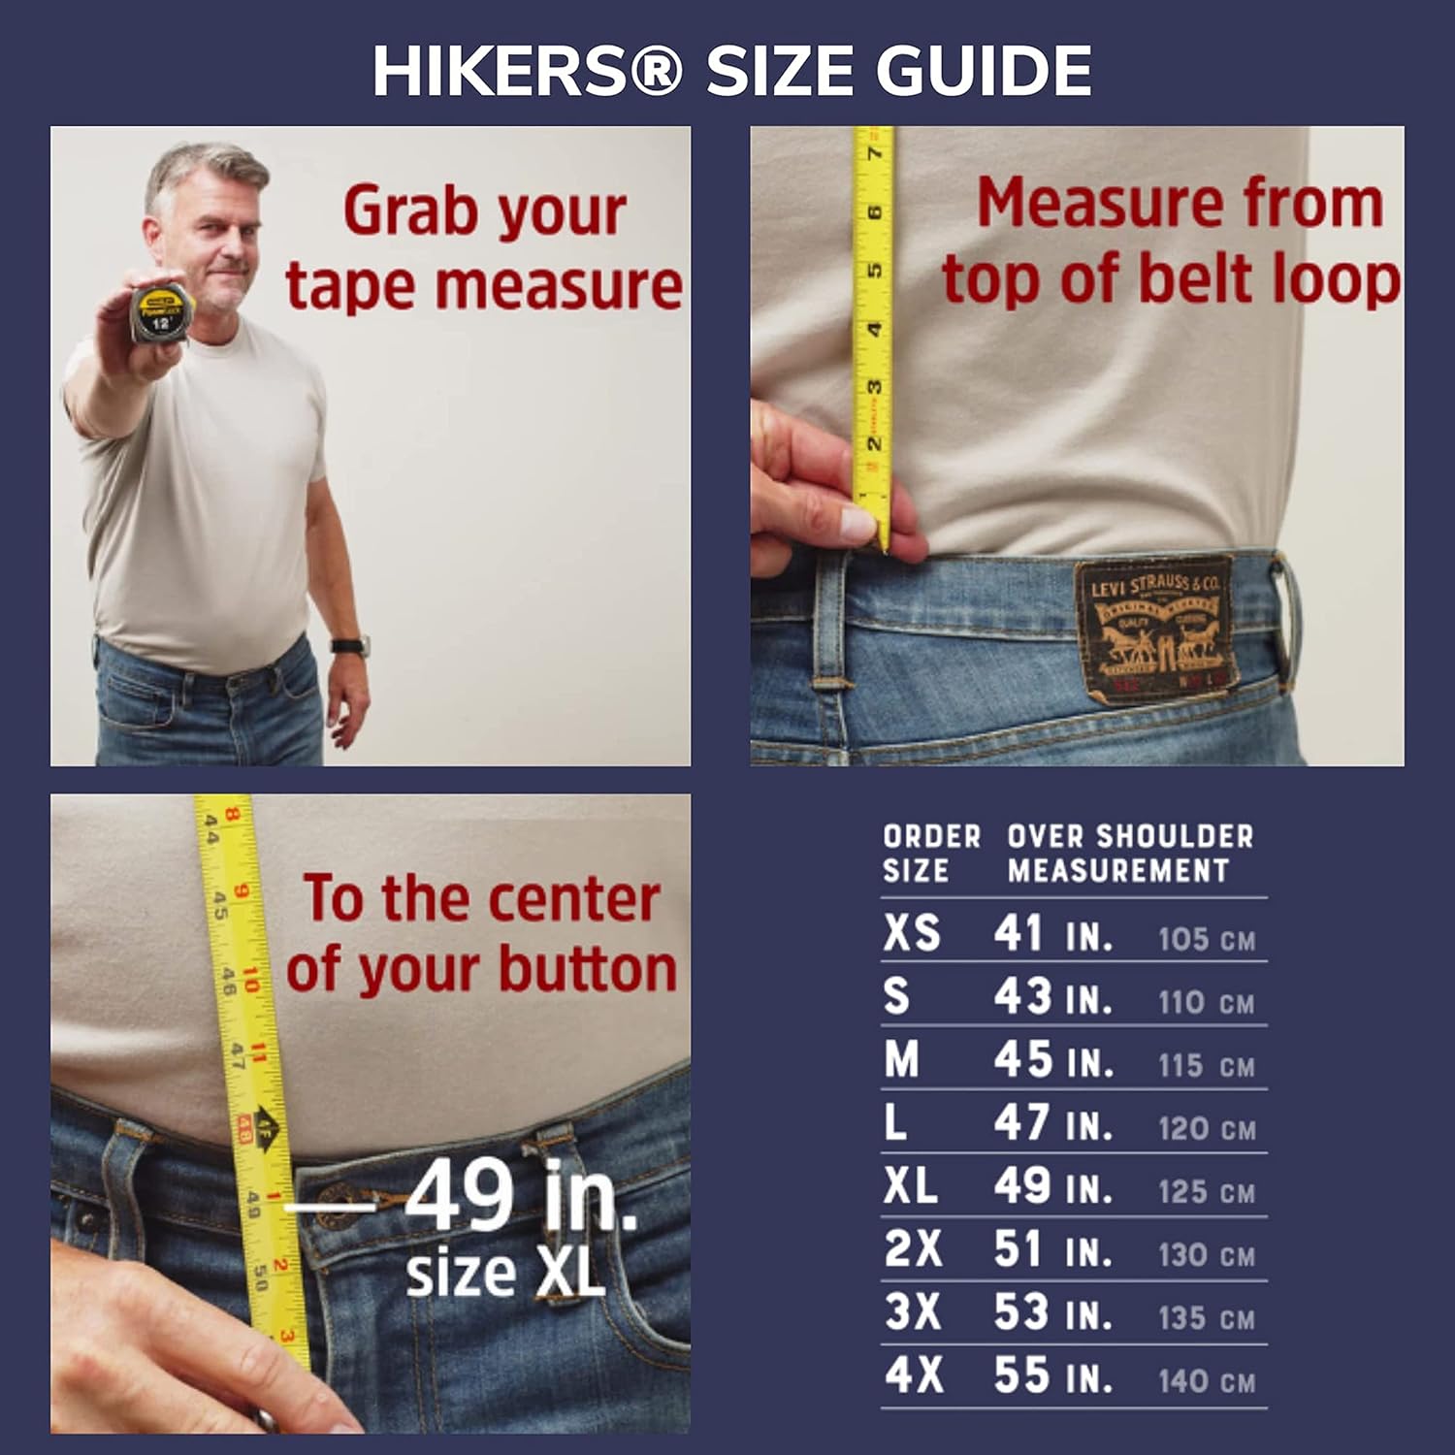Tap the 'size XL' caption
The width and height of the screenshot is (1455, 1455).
[505, 1274]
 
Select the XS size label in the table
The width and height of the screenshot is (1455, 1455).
[912, 933]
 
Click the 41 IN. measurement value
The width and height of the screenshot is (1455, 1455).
[1052, 935]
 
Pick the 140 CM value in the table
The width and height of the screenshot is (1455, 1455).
[1207, 1380]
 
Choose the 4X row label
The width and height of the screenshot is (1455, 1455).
[913, 1375]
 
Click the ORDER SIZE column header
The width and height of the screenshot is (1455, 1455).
[930, 853]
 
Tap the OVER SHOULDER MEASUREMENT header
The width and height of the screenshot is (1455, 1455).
[1129, 853]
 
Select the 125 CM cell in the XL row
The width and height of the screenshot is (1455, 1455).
[1207, 1191]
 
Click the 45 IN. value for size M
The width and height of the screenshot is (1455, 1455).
[1052, 1061]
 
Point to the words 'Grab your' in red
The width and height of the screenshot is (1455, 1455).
[484, 211]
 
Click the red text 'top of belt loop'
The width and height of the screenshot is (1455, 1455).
[1171, 279]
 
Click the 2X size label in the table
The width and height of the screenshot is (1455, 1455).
[913, 1249]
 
